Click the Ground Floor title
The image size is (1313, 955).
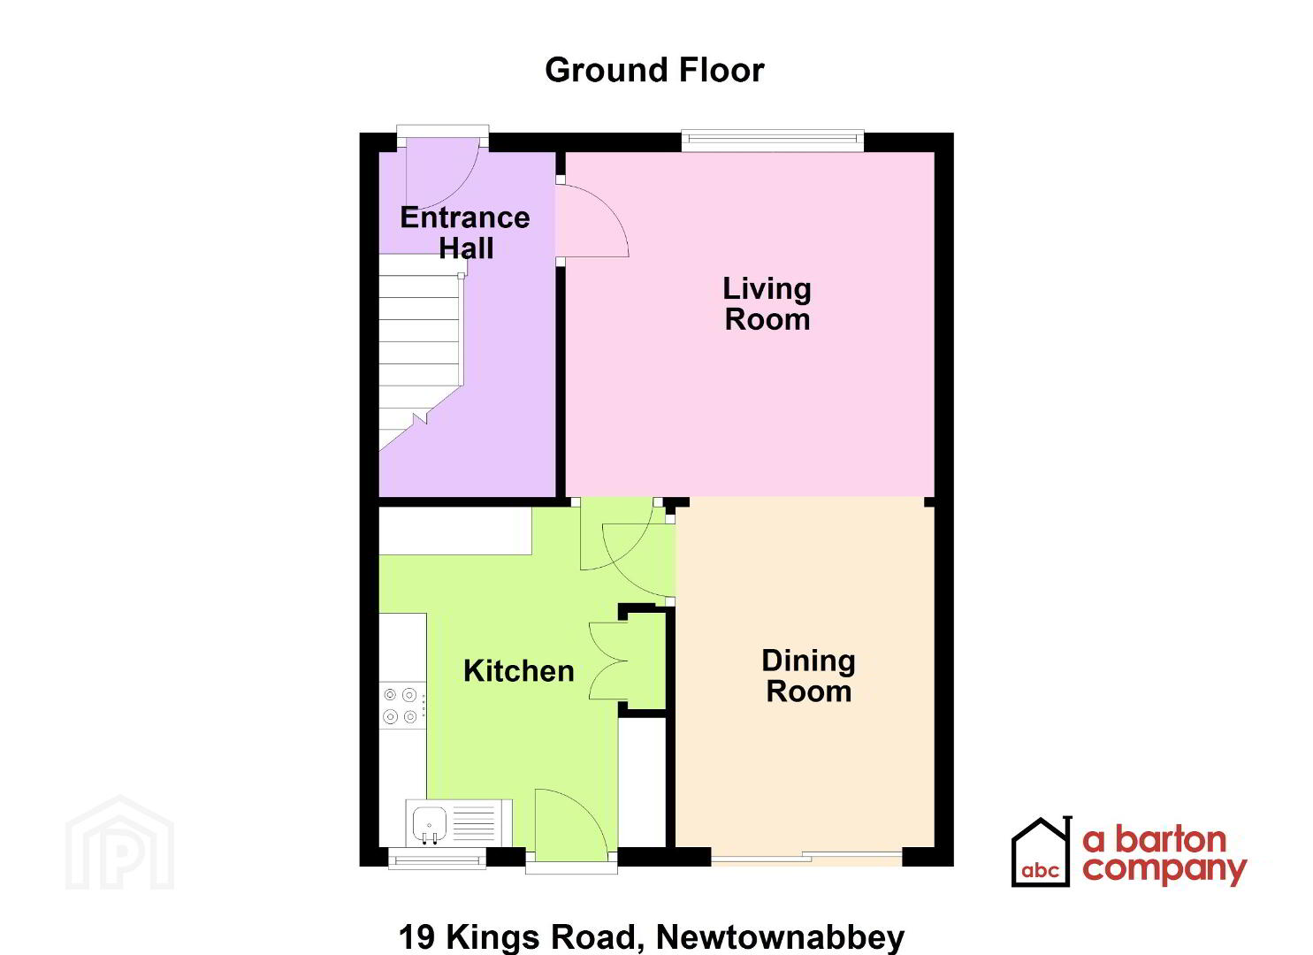click(654, 71)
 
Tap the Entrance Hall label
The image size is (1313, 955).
click(465, 233)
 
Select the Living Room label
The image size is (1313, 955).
click(767, 304)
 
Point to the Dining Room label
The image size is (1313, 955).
click(808, 676)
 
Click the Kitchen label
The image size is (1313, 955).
click(519, 671)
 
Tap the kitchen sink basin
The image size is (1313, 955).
click(429, 823)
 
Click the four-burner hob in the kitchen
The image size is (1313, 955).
click(401, 706)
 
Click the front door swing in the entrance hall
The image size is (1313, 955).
click(444, 176)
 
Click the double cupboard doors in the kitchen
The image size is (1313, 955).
click(609, 661)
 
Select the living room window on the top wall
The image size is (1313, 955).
click(773, 140)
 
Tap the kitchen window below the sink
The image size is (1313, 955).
click(438, 859)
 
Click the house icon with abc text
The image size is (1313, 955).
click(1042, 852)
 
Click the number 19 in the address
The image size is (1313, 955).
click(416, 936)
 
